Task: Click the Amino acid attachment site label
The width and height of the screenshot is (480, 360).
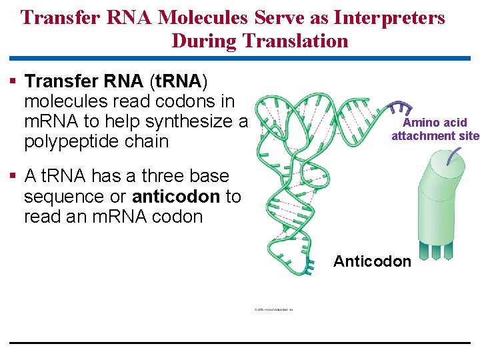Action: coord(435,129)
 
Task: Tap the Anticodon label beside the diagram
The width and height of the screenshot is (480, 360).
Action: coord(372,261)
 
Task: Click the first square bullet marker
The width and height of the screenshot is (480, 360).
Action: coord(13,81)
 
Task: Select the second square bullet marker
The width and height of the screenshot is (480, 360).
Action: coord(13,177)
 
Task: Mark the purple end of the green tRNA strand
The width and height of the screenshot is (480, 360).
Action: coord(400,109)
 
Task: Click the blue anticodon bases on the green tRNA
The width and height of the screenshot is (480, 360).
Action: coord(308,269)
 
